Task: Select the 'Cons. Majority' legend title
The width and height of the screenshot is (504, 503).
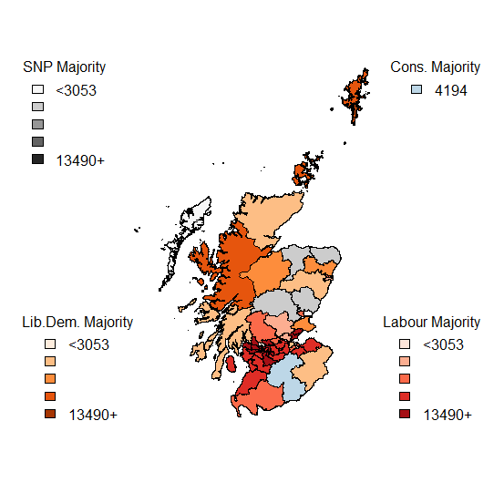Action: tap(435, 67)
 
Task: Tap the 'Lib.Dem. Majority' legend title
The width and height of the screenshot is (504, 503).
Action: tap(77, 323)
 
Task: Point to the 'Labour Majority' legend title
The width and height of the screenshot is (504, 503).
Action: tap(431, 323)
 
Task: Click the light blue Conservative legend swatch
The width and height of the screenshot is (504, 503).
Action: tap(416, 90)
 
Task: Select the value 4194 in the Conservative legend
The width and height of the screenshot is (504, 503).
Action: tap(451, 90)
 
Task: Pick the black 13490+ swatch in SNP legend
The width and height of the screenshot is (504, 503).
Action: tap(37, 159)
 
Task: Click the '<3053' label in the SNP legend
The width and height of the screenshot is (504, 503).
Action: tap(76, 90)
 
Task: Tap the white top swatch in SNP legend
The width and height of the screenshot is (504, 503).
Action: tap(37, 90)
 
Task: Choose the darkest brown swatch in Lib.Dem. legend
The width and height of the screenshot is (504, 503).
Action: tap(50, 414)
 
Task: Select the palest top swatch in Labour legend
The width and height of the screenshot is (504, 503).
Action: tap(404, 345)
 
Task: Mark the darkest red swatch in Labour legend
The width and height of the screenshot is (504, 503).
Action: tap(404, 414)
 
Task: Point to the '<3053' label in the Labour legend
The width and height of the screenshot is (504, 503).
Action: tap(444, 345)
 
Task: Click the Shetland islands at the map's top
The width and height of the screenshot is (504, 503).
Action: tap(355, 97)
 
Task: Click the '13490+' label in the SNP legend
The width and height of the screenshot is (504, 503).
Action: tap(80, 159)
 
